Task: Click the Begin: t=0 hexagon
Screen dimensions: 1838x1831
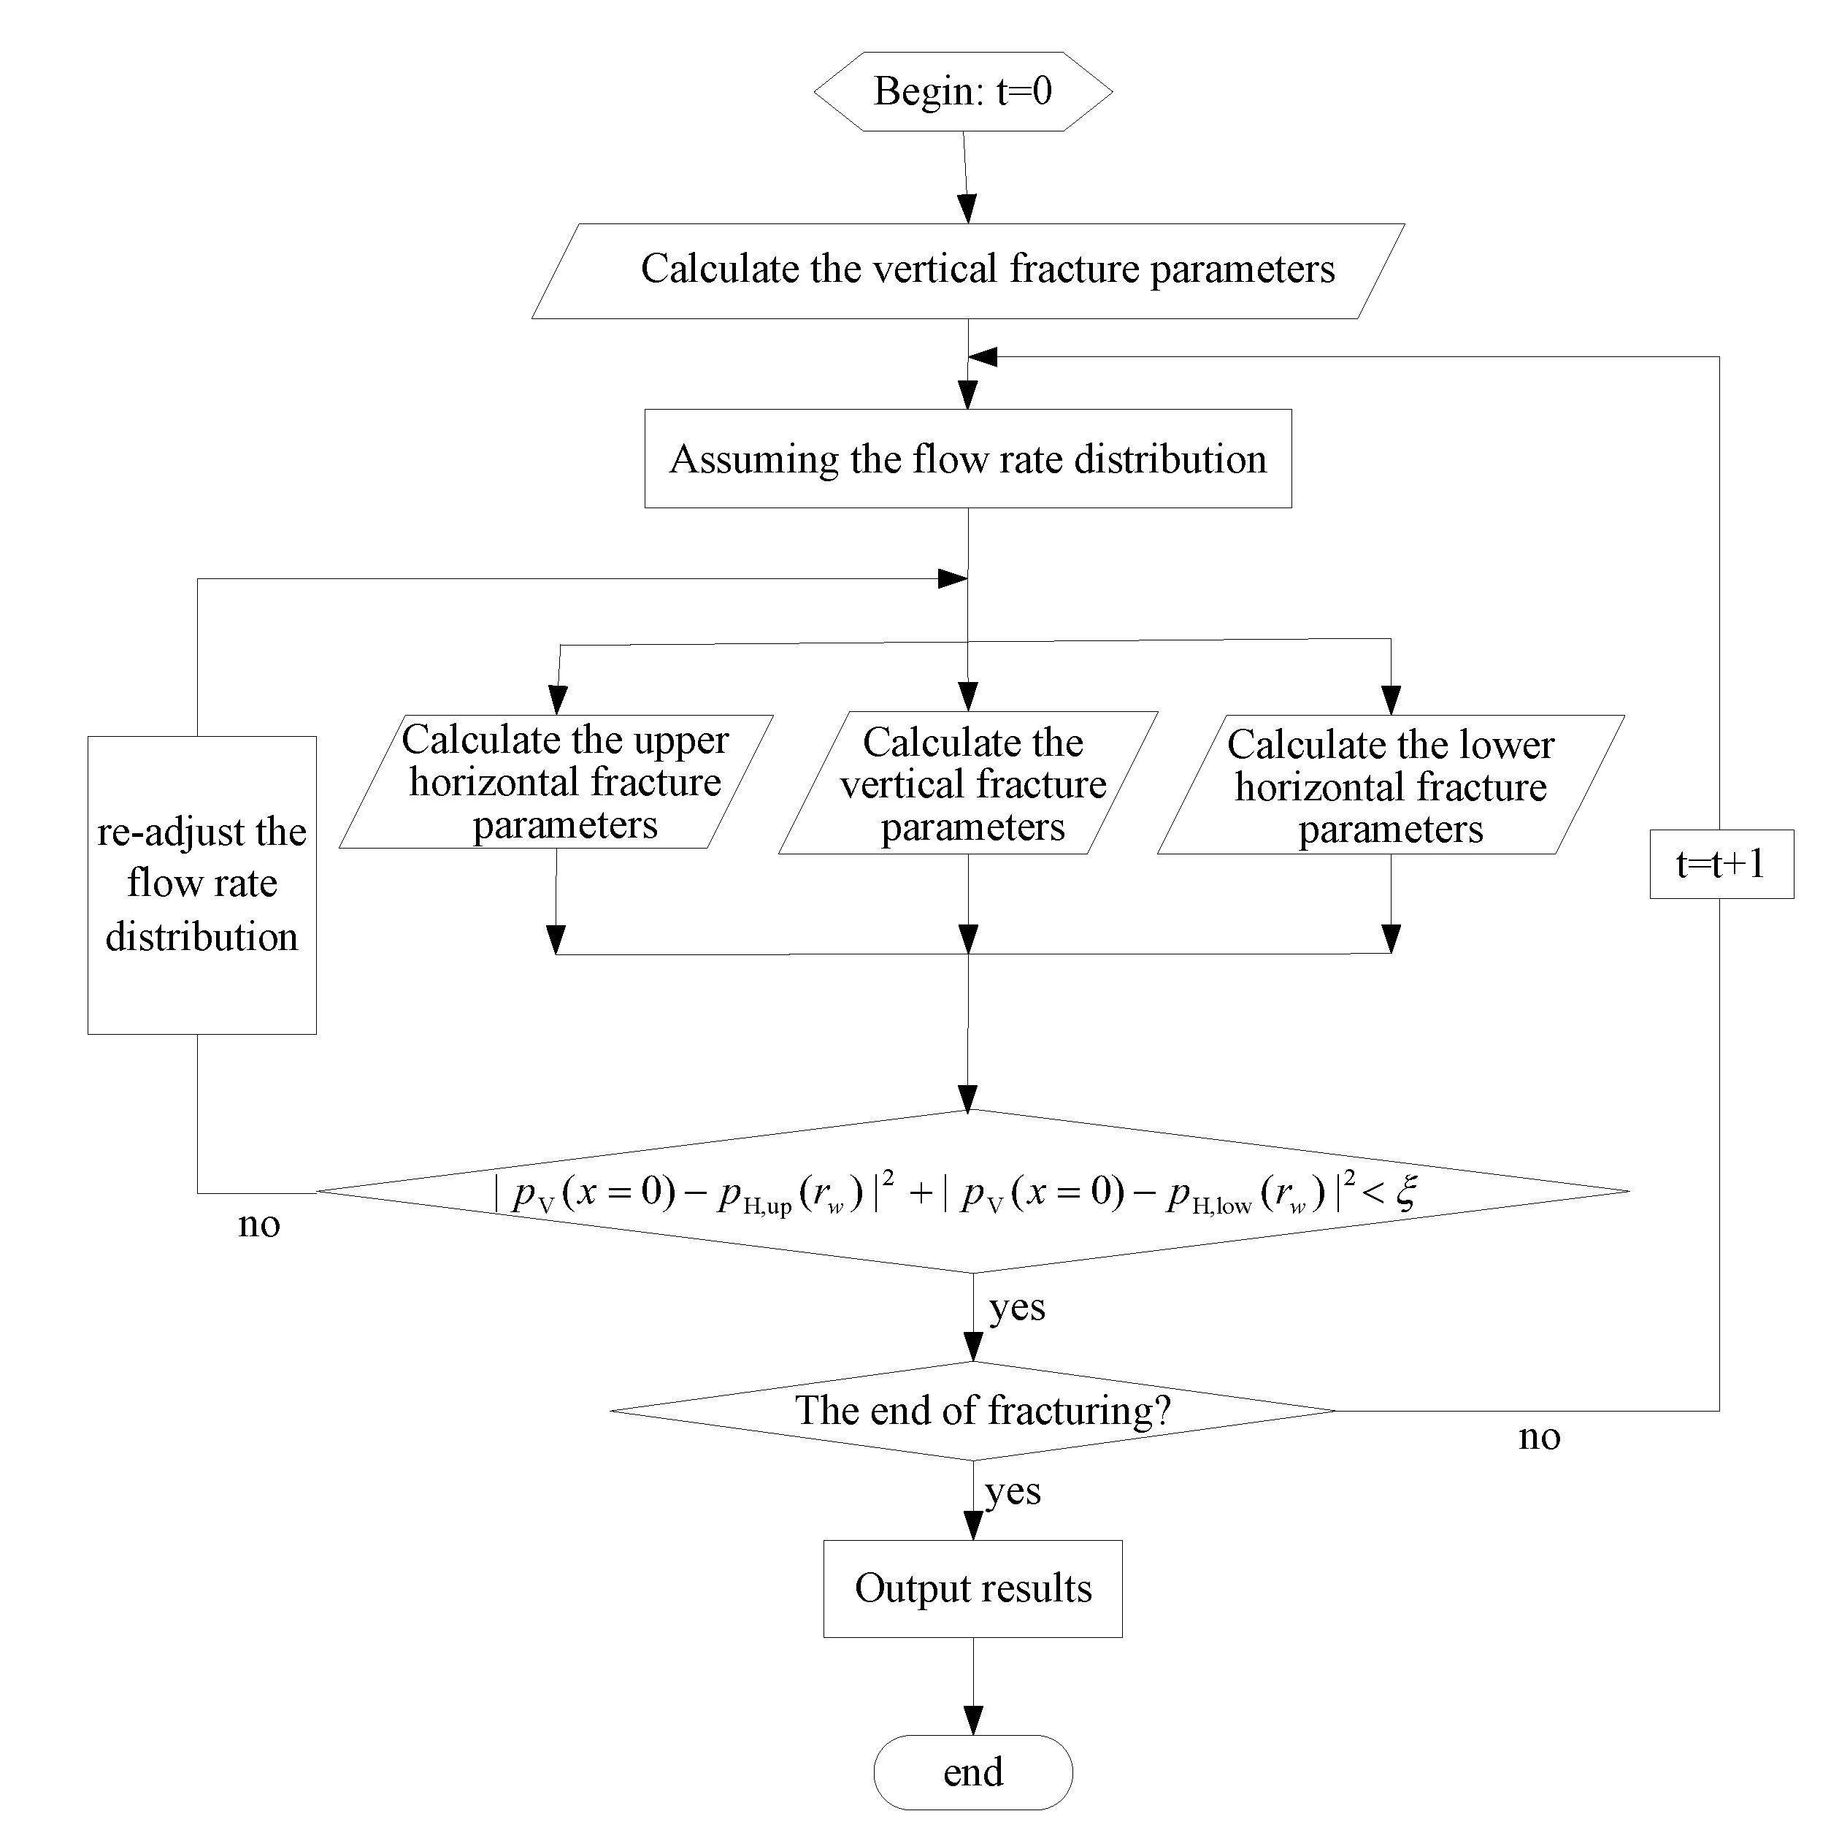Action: [962, 91]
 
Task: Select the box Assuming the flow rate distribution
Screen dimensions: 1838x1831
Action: [967, 459]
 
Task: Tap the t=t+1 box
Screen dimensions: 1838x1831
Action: [1721, 864]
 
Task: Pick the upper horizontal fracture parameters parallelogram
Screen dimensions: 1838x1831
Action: [556, 782]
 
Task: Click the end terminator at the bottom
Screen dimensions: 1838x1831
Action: [972, 1772]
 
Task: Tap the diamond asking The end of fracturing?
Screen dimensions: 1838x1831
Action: [972, 1410]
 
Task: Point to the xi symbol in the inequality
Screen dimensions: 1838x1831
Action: [1407, 1192]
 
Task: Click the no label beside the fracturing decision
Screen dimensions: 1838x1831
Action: [1539, 1436]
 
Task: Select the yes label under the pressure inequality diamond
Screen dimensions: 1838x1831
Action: [1017, 1307]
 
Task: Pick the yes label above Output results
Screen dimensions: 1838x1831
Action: [1013, 1490]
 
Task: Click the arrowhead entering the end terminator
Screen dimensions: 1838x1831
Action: [973, 1719]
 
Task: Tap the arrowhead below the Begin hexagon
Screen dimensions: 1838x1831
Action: [967, 208]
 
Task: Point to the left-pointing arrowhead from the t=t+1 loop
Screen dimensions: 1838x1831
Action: [983, 357]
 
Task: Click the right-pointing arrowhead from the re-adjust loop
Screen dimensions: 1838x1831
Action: [952, 578]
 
